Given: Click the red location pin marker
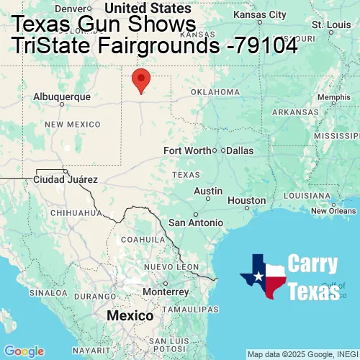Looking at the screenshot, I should click(142, 80).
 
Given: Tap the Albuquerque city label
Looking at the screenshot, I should click(62, 96).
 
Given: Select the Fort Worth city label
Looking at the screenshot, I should click(187, 150).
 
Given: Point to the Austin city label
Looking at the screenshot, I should click(208, 191).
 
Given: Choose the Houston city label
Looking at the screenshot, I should click(247, 200).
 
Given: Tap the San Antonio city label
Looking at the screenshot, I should click(196, 222).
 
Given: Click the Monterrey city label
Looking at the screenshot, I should click(166, 292).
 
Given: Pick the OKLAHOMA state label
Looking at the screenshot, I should click(215, 92).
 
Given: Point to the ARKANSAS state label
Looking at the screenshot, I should click(295, 112).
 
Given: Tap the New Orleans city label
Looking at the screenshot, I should click(333, 211).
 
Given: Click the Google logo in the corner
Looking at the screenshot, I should click(23, 351).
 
